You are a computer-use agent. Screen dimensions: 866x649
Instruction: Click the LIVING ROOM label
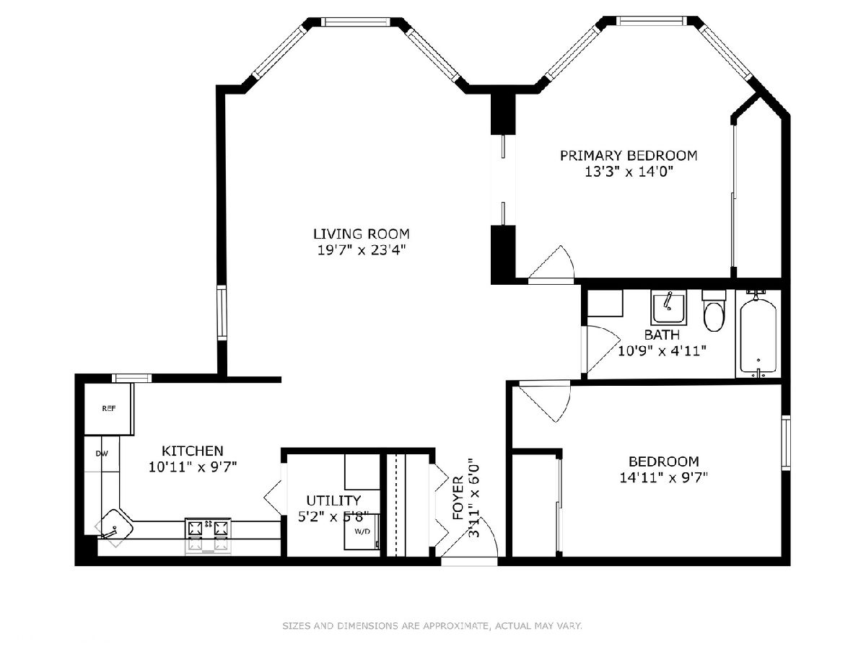coord(361,234)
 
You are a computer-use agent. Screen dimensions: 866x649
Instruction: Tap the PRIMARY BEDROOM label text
coord(629,156)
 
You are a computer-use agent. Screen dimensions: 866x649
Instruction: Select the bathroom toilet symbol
coord(714,311)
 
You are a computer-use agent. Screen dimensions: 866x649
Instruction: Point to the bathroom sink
coord(669,308)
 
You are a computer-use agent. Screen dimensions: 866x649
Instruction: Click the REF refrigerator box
coord(108,409)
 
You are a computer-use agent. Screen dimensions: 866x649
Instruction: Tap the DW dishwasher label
coord(102,454)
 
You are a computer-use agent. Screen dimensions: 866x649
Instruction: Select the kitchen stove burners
coord(208,529)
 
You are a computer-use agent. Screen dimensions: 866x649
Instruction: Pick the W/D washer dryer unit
coord(362,531)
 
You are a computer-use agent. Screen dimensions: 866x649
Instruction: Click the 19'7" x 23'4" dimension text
coord(362,250)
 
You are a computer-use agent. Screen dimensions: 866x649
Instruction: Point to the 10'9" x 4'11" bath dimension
coord(662,350)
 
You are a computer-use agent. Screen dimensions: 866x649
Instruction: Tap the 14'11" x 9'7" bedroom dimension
coord(664,478)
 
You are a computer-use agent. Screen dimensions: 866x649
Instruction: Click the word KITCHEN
coord(193,451)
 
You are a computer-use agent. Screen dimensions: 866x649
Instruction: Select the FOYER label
coord(458,498)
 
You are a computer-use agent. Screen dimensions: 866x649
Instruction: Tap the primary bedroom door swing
coord(551,263)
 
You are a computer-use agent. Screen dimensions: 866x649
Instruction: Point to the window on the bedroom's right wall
coord(786,443)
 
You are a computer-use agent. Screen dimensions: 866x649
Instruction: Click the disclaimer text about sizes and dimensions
coord(432,625)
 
